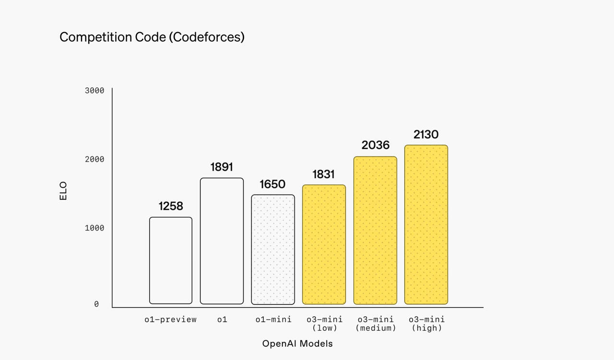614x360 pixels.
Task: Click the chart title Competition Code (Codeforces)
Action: (x=152, y=37)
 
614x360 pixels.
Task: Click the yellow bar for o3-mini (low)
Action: (x=324, y=244)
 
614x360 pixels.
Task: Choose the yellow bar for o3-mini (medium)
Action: (x=375, y=230)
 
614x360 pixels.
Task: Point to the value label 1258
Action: (x=171, y=206)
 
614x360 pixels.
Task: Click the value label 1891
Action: (x=222, y=167)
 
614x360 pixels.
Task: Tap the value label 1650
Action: (x=272, y=184)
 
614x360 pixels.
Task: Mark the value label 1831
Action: (x=324, y=174)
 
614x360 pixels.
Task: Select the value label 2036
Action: (x=375, y=145)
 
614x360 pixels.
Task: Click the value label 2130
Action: (x=426, y=135)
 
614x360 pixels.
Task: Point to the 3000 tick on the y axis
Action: (x=94, y=91)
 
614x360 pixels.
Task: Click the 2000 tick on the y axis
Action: (x=94, y=159)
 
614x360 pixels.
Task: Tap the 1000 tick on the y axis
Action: (x=94, y=228)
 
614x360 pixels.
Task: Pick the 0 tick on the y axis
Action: (x=96, y=304)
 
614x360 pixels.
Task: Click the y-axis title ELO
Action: (x=64, y=190)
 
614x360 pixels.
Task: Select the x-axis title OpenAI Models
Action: (x=297, y=344)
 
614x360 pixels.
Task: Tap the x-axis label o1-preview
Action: (x=171, y=320)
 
